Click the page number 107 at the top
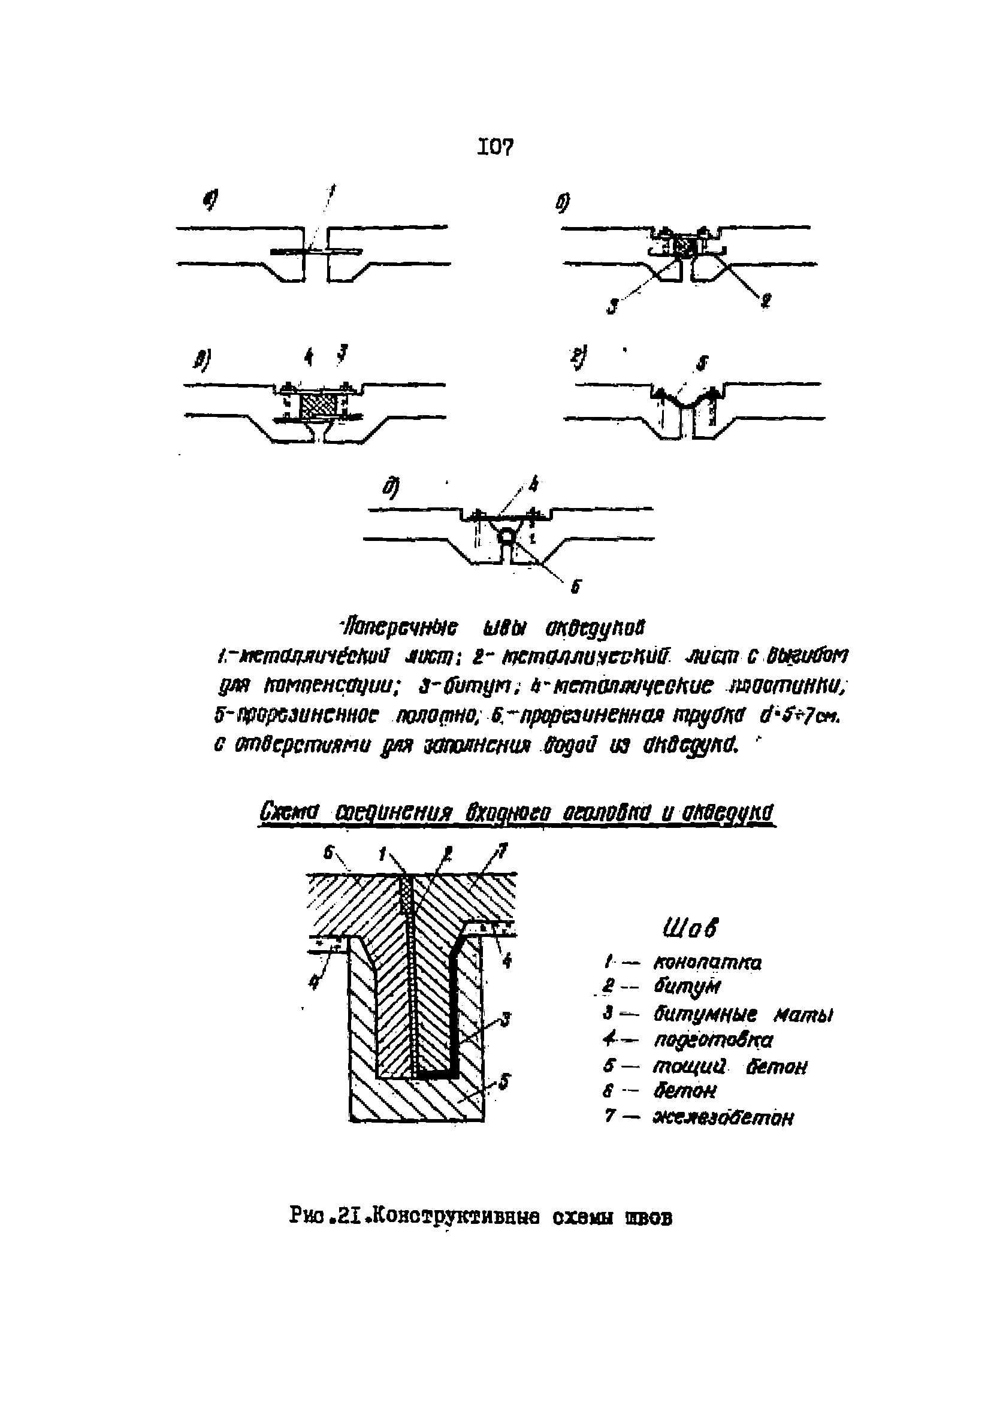pyautogui.click(x=494, y=147)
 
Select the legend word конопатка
pyautogui.click(x=707, y=963)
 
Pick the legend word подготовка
pyautogui.click(x=712, y=1039)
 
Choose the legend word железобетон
pyautogui.click(x=723, y=1117)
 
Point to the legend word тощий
pyautogui.click(x=689, y=1066)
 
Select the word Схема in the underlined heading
pyautogui.click(x=288, y=812)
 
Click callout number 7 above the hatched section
pyautogui.click(x=502, y=852)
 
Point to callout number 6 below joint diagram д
pyautogui.click(x=575, y=586)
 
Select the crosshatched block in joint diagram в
pyautogui.click(x=318, y=407)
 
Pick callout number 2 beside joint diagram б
pyautogui.click(x=766, y=301)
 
